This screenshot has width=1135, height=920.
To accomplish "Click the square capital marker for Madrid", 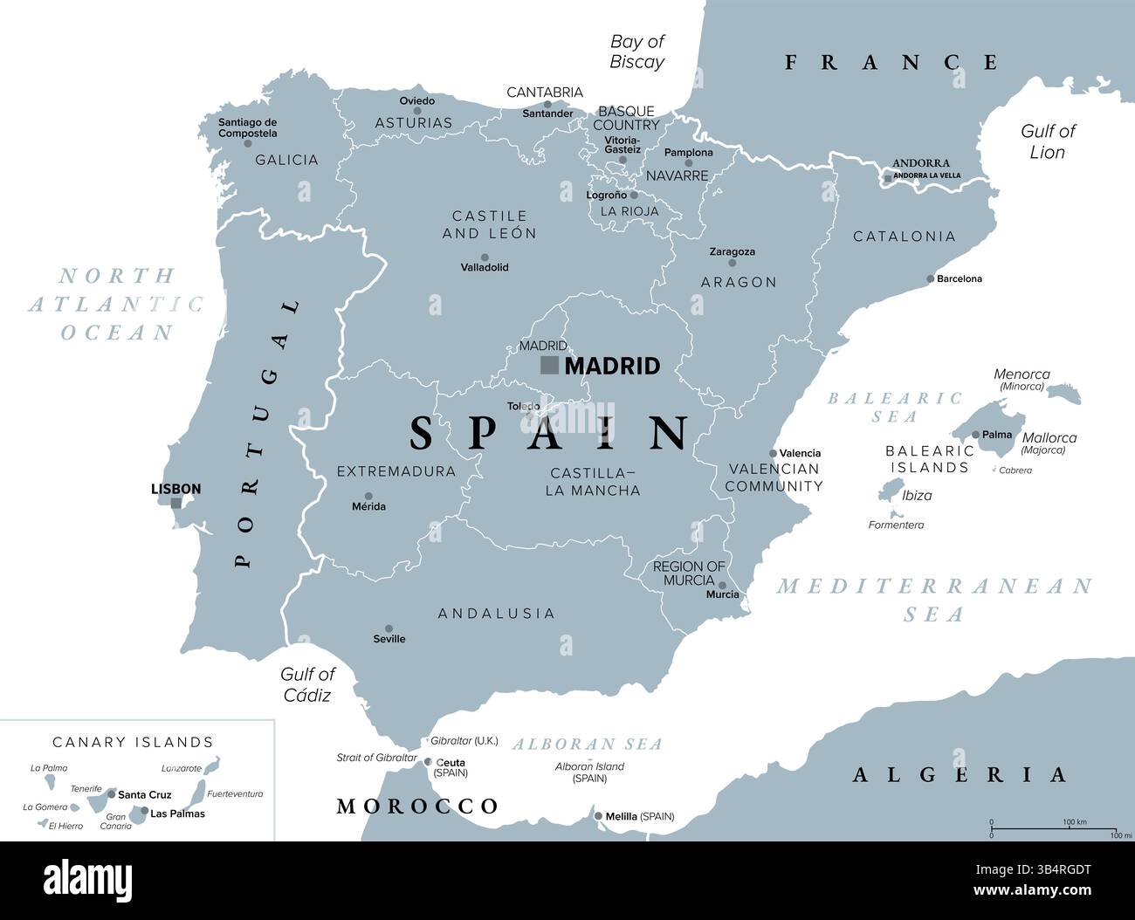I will tap(549, 365).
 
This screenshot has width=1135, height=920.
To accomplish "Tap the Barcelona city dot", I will tap(930, 279).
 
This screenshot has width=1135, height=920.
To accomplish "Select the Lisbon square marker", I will tap(176, 503).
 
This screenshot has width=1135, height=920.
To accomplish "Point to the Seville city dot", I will tap(389, 628).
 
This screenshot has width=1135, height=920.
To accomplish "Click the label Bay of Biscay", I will tap(636, 51).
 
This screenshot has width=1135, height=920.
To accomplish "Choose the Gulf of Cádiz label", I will tap(306, 684).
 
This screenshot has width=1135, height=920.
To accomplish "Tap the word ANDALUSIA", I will tap(496, 614).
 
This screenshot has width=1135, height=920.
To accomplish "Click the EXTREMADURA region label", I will tap(396, 471).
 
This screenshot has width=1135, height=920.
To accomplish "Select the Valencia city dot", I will tap(773, 453).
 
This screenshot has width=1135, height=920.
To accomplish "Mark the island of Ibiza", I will tap(890, 494).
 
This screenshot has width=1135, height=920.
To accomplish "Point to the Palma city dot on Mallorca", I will tap(976, 434).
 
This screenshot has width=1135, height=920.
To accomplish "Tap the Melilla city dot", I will tap(599, 817).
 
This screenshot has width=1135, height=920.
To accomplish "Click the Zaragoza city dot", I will tap(732, 263).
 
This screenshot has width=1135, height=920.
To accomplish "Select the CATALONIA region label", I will tap(904, 237).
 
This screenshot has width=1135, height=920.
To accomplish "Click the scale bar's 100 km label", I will tap(1075, 822).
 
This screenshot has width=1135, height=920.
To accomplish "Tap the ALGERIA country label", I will tap(960, 774).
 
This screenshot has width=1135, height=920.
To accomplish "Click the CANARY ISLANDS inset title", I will tap(133, 742).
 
